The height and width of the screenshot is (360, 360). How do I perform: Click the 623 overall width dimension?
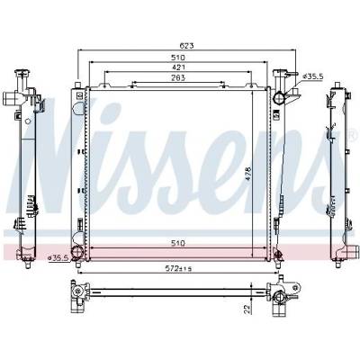pyautogui.click(x=186, y=46)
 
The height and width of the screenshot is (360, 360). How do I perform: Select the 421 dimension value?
pyautogui.click(x=178, y=67)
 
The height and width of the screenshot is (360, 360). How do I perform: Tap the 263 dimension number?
pyautogui.click(x=178, y=77)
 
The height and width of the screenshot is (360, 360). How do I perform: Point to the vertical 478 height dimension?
pyautogui.click(x=248, y=174)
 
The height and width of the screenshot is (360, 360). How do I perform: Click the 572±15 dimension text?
pyautogui.click(x=178, y=268)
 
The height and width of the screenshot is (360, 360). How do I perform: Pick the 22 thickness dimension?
pyautogui.click(x=247, y=310)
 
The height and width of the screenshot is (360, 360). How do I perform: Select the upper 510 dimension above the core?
pyautogui.click(x=178, y=57)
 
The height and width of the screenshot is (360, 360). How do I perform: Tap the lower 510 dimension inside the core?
pyautogui.click(x=178, y=243)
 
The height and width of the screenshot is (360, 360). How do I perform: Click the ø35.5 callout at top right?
pyautogui.click(x=312, y=76)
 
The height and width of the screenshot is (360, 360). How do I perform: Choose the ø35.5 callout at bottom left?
pyautogui.click(x=58, y=257)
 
